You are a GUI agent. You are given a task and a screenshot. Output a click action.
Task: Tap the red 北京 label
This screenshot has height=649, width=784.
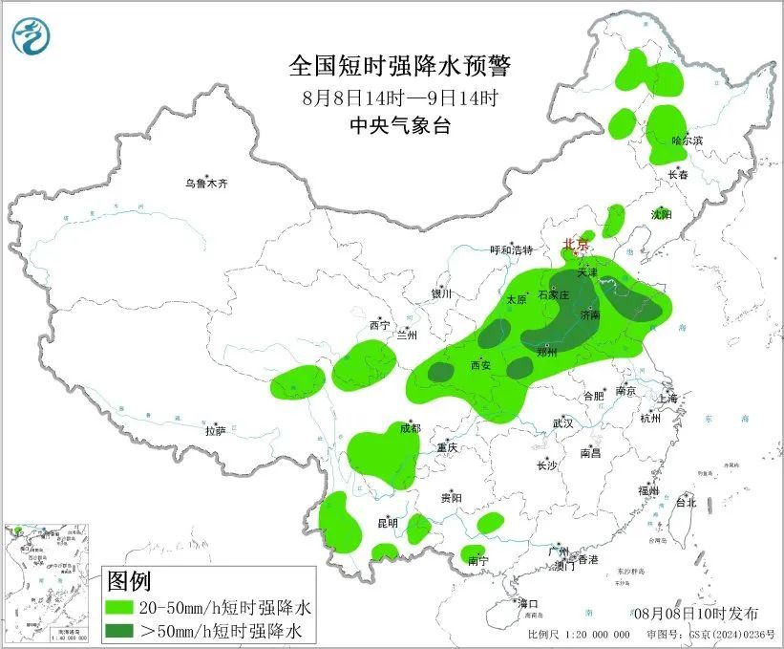click(x=574, y=244)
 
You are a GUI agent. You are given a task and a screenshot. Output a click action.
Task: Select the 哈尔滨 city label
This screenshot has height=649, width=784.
click(x=687, y=141)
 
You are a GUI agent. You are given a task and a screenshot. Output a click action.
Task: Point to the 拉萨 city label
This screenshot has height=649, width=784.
click(x=215, y=431)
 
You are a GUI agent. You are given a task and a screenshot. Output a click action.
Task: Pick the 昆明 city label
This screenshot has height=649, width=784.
click(x=387, y=523)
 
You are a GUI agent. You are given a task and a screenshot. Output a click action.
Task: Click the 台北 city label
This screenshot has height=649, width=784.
click(x=686, y=502)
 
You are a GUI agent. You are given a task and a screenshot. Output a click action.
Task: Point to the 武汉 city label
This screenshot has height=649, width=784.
click(x=562, y=422)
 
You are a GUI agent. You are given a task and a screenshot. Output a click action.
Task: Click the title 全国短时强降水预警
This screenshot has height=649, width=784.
click(x=400, y=66)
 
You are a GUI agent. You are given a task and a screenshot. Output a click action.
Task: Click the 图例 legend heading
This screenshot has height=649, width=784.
click(x=129, y=580)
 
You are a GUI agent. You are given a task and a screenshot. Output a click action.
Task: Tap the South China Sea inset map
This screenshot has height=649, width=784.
click(x=49, y=584)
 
